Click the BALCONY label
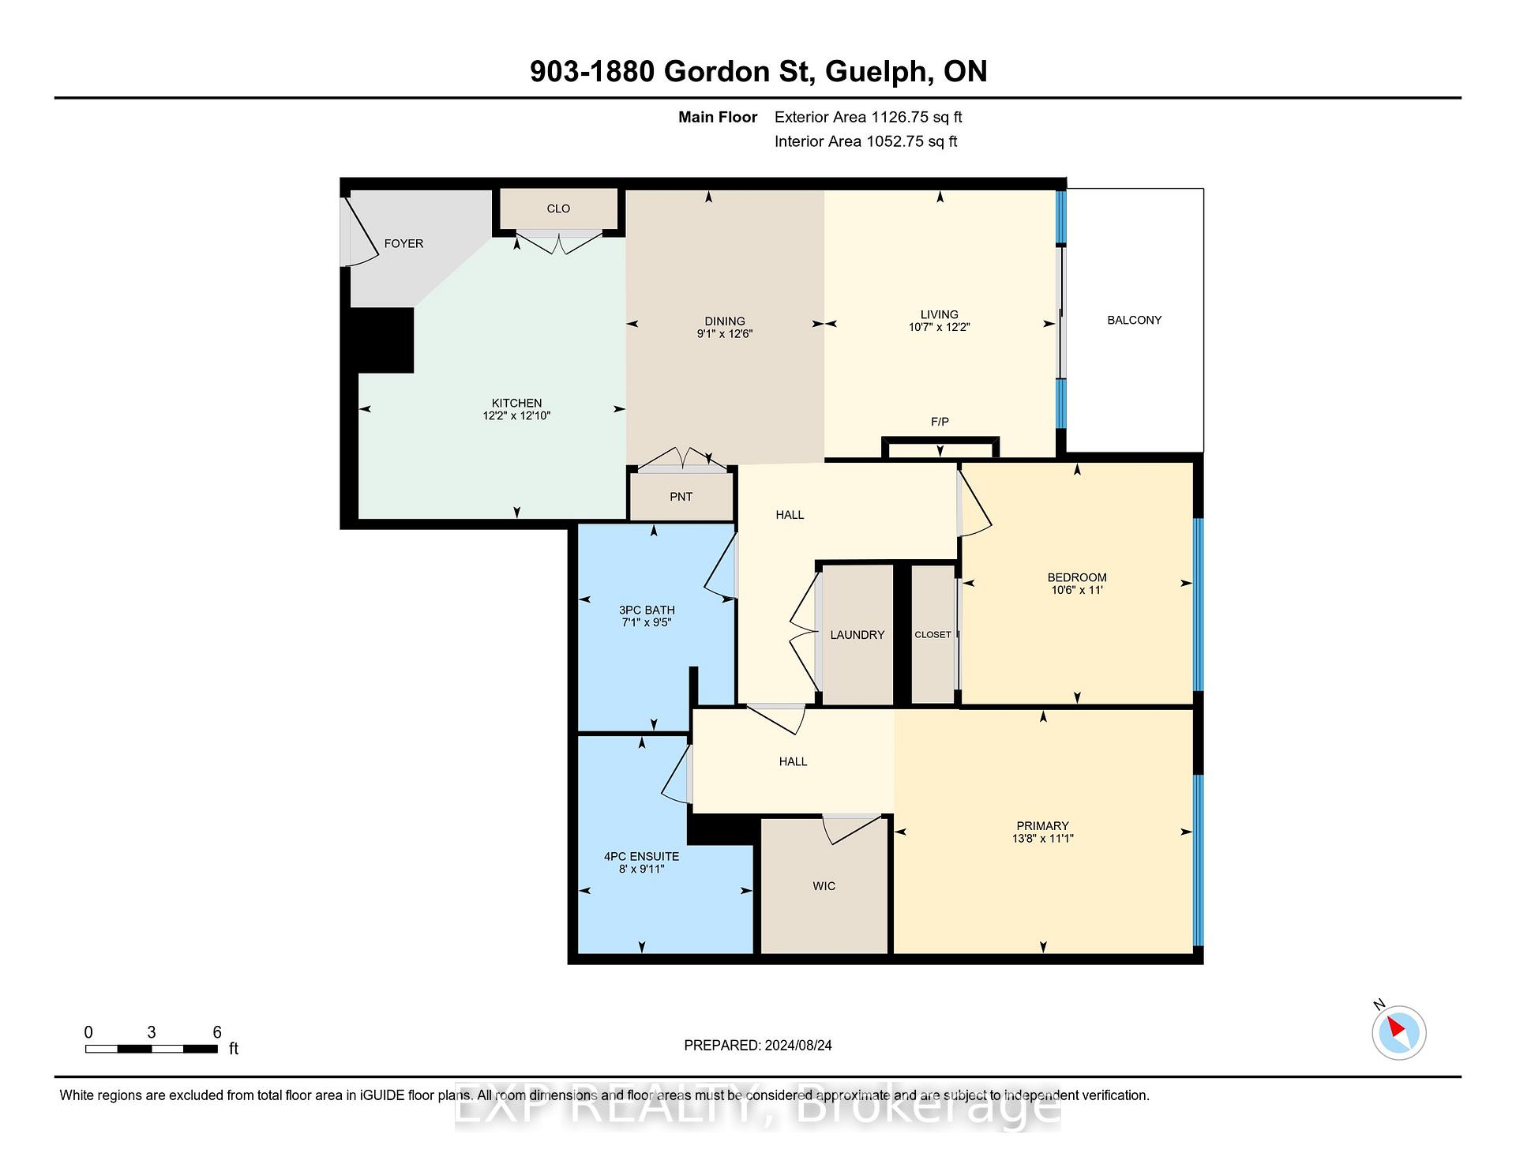[1134, 320]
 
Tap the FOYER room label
[403, 243]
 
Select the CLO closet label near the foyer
[558, 208]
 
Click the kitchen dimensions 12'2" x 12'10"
[516, 415]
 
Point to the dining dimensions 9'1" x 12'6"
[725, 333]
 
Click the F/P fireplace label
[940, 422]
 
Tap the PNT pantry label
[681, 497]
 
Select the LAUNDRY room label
[857, 635]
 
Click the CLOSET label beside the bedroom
[932, 635]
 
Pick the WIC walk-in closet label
[824, 886]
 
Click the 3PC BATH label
[647, 610]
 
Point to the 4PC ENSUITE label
[641, 856]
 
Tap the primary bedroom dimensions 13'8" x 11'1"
[1043, 839]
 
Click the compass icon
[1398, 1031]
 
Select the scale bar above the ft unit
[152, 1049]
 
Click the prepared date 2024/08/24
[798, 1045]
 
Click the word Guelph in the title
[876, 72]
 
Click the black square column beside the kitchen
[381, 340]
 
